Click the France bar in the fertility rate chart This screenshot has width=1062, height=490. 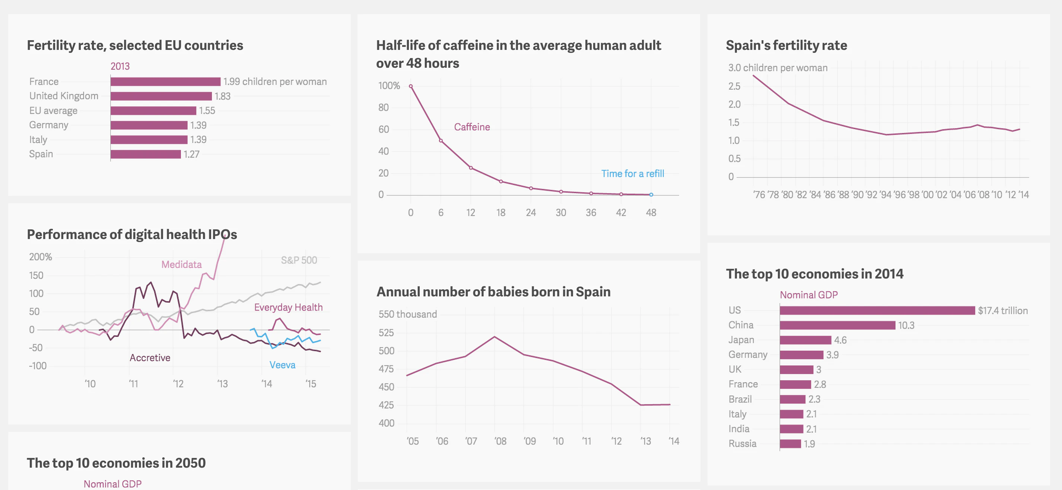click(x=165, y=82)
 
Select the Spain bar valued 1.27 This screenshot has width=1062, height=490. click(x=146, y=154)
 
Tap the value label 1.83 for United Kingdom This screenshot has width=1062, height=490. click(x=222, y=96)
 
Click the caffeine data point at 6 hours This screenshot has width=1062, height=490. click(x=441, y=140)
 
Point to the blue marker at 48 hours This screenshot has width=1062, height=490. click(x=651, y=194)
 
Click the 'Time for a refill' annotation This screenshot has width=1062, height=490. click(x=632, y=174)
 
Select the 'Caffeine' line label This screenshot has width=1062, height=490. click(x=472, y=127)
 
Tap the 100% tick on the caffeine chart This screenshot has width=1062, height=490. click(x=389, y=86)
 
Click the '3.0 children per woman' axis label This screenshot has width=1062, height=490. click(x=778, y=68)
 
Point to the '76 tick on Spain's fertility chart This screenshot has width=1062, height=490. click(x=759, y=194)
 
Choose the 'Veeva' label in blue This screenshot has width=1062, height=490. click(x=282, y=365)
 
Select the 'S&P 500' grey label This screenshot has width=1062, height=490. click(x=299, y=260)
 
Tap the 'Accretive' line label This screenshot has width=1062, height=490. click(x=150, y=358)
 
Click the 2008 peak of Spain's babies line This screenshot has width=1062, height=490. click(x=494, y=337)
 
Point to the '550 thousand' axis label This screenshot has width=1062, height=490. click(x=407, y=314)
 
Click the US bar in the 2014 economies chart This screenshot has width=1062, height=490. click(x=877, y=310)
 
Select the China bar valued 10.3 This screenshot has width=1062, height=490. click(x=837, y=325)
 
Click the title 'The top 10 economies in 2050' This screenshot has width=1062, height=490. click(x=116, y=463)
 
